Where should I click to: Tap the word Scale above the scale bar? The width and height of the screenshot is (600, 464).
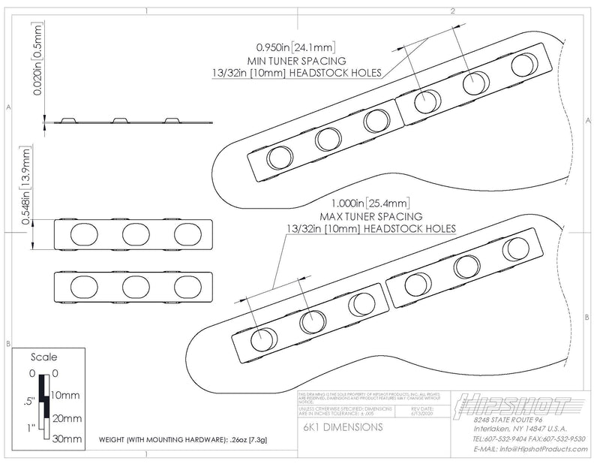coord(45,357)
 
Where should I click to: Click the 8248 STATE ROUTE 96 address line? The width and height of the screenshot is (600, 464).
coord(510,420)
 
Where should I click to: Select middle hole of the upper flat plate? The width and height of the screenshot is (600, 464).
coord(136,234)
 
